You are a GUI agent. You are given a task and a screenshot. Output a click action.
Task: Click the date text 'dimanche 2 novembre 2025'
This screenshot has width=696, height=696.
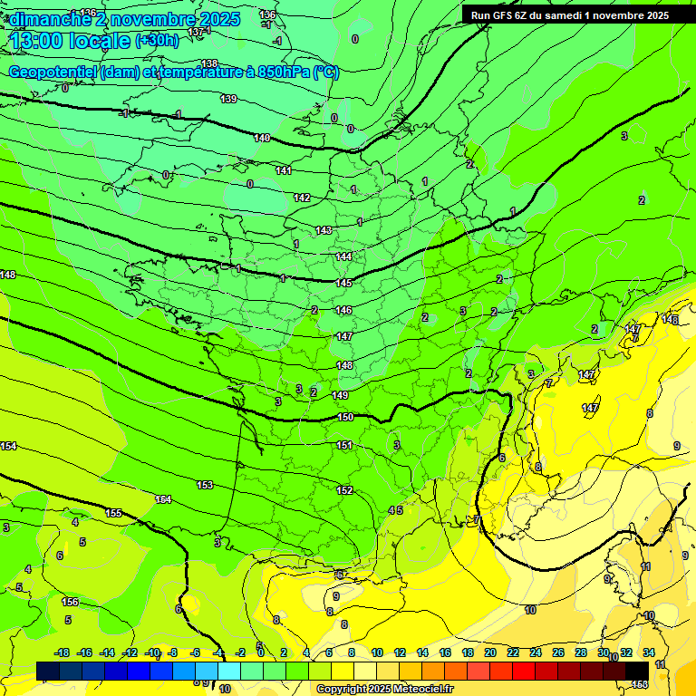(124, 19)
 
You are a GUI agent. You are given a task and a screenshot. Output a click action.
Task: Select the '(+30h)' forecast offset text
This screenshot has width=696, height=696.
(157, 41)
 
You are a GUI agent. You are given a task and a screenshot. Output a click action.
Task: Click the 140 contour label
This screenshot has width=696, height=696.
(262, 138)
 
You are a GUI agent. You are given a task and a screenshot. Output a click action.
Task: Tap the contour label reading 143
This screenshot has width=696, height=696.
(324, 231)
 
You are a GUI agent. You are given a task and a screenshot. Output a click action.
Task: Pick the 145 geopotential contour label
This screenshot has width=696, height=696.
(343, 284)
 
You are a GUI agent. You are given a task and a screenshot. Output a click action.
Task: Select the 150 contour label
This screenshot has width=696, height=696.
(345, 417)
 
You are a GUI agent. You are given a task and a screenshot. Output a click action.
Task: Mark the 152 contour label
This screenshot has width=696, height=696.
(344, 490)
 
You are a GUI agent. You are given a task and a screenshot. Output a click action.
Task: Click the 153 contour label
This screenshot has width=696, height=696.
(205, 485)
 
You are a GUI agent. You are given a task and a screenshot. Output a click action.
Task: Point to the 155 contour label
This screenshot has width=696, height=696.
(113, 513)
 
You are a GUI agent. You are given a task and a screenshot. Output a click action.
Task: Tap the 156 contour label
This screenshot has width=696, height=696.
(70, 602)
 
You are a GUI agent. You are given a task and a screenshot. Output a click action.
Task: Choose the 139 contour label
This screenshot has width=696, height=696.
(228, 99)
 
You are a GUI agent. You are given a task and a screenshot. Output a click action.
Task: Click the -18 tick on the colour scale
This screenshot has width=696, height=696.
(63, 652)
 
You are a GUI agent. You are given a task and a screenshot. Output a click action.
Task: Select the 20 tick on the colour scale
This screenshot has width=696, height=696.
(489, 652)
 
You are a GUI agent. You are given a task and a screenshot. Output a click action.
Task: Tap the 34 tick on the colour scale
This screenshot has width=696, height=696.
(648, 652)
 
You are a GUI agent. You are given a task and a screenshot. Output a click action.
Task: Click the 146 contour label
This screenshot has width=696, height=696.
(343, 310)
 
